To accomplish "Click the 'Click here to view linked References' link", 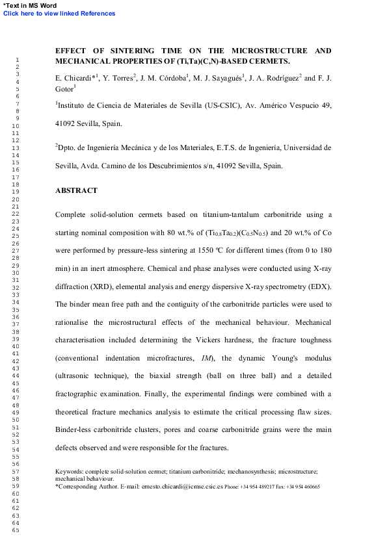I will [59, 14].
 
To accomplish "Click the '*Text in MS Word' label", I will [30, 6].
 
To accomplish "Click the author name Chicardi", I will [77, 79].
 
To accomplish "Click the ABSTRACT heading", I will [76, 191].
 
